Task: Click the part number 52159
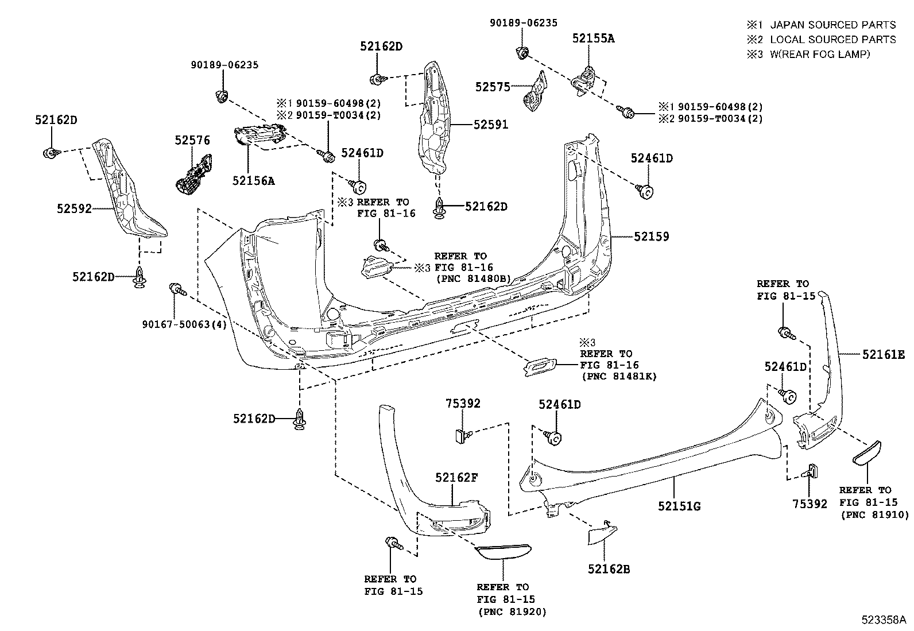[x=652, y=237]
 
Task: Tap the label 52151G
[x=679, y=506]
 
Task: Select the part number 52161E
[x=883, y=355]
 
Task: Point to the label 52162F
[x=456, y=477]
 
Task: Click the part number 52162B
[x=609, y=569]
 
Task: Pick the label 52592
[x=74, y=209]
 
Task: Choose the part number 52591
[x=490, y=124]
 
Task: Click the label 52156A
[x=253, y=181]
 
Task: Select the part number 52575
[x=493, y=87]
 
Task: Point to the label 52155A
[x=593, y=38]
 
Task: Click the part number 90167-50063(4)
[x=184, y=324]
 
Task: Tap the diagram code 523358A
[x=883, y=620]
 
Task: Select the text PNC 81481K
[x=620, y=377]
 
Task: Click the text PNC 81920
[x=512, y=612]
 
